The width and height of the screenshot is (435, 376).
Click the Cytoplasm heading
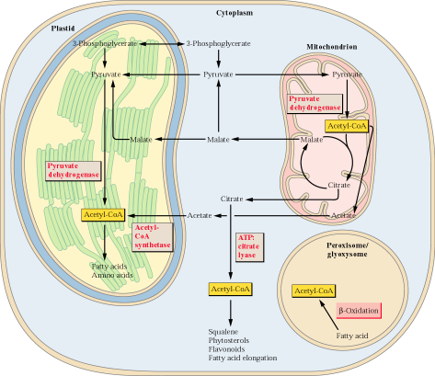tap(235, 13)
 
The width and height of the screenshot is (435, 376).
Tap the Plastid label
tap(63, 28)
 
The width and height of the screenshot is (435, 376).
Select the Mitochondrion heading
tap(332, 47)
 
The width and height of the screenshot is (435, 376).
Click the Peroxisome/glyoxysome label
tap(347, 250)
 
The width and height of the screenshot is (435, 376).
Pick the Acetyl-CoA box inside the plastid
tap(103, 215)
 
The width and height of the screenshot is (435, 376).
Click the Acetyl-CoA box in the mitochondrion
tap(347, 126)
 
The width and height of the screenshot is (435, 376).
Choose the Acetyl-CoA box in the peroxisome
tap(314, 291)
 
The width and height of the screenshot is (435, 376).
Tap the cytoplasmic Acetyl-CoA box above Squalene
tap(230, 289)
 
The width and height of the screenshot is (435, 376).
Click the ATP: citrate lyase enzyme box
tap(249, 246)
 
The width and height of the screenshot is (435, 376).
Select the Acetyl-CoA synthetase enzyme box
tap(153, 237)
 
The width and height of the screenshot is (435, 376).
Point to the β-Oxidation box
tap(359, 311)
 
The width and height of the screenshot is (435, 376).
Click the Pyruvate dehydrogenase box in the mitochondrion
tap(315, 104)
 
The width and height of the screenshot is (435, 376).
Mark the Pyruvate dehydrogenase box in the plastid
tap(74, 171)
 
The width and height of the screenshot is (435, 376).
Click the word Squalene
tap(223, 332)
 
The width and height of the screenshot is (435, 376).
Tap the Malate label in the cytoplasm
tap(218, 140)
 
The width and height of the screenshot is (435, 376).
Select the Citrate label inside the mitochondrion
tap(339, 185)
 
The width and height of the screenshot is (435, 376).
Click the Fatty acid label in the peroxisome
tap(352, 336)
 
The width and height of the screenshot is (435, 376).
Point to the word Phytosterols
tap(229, 340)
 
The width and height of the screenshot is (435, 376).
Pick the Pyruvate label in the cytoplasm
tap(218, 74)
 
